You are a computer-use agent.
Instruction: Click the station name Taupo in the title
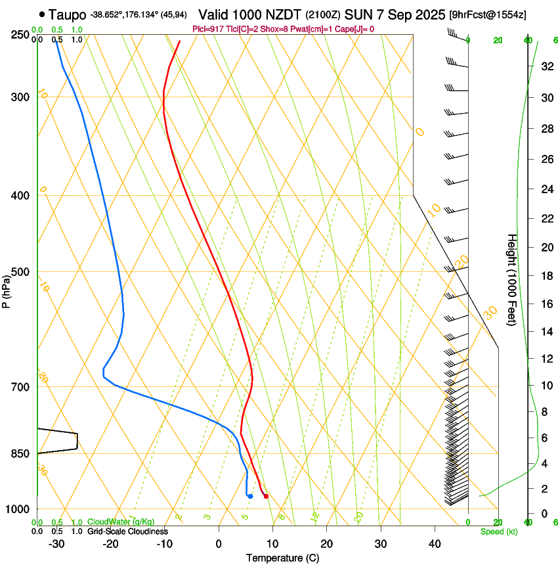pyautogui.click(x=68, y=14)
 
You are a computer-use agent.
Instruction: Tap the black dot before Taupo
pyautogui.click(x=42, y=14)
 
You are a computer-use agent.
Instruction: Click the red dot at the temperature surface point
pyautogui.click(x=266, y=496)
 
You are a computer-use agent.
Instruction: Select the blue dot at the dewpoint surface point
pyautogui.click(x=250, y=496)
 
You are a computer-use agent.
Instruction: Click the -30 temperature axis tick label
pyautogui.click(x=56, y=543)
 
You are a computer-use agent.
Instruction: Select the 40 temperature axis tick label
pyautogui.click(x=435, y=543)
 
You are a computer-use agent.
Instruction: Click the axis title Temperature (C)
pyautogui.click(x=282, y=558)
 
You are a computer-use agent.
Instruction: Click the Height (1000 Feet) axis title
pyautogui.click(x=512, y=280)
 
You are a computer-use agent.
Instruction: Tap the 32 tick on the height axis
pyautogui.click(x=545, y=66)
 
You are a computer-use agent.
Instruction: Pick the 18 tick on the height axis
pyautogui.click(x=545, y=276)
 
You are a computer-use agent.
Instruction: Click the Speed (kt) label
pyautogui.click(x=498, y=531)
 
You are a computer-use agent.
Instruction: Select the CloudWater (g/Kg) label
pyautogui.click(x=121, y=522)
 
